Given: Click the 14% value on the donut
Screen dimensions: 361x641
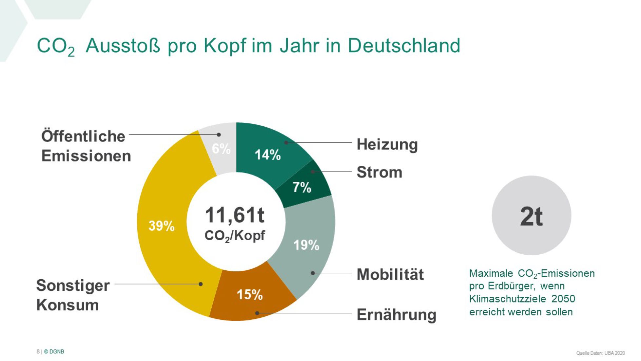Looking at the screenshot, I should pos(267,155).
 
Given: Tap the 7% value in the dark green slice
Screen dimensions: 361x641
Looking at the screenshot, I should pos(301,187).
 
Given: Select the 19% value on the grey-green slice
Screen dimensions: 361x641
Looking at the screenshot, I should pos(306,245).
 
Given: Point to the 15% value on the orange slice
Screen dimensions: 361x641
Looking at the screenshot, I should pos(250,294).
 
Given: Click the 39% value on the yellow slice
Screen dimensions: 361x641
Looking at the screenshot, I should pos(161,226).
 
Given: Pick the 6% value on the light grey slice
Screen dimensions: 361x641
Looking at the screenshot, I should pos(221,149).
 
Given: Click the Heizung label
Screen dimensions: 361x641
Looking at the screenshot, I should pos(387,144).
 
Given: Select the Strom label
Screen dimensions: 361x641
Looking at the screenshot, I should pos(379,172).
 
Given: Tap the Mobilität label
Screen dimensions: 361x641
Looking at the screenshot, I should pos(390,274).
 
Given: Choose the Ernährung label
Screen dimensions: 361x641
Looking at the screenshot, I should pos(396,314).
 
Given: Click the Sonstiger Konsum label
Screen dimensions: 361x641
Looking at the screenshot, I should pos(73,295).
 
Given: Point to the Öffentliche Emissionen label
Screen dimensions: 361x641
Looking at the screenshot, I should pos(86,146).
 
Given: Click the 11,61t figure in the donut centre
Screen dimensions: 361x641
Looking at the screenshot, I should pos(235,215).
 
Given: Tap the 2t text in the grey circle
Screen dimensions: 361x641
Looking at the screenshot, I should pos(531,217).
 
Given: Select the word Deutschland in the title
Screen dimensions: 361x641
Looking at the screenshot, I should pos(404,45).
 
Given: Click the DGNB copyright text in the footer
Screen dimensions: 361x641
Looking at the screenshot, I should pos(54,351).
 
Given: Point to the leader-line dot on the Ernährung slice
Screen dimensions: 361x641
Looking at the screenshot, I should pos(257,313).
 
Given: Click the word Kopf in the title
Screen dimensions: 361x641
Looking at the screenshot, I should pos(224,45).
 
